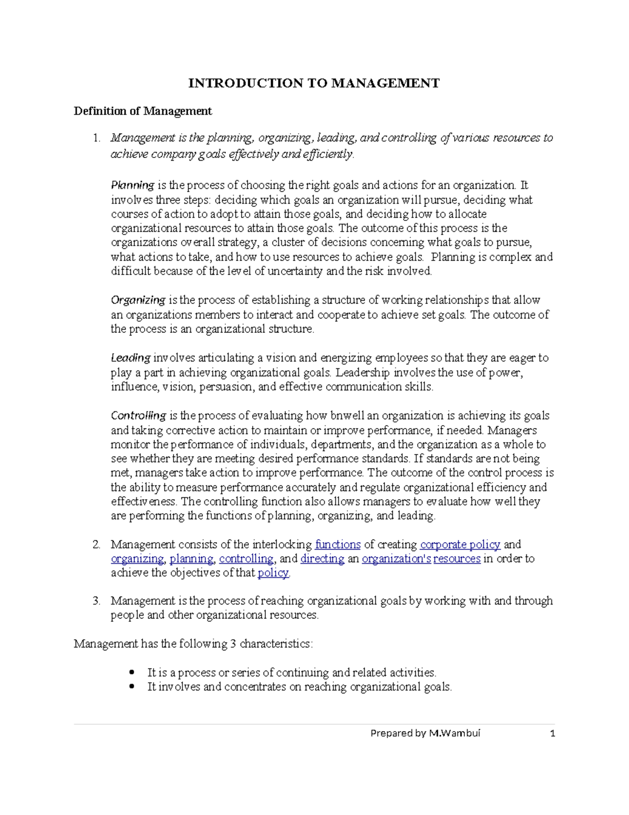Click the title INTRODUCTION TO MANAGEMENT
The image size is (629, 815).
[x=314, y=83]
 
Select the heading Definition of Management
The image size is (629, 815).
[x=143, y=111]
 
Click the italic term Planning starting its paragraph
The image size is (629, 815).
[x=132, y=185]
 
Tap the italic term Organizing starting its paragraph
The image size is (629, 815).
[x=138, y=300]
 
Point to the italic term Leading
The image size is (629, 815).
[x=131, y=358]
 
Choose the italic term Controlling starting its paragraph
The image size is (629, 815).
[x=138, y=416]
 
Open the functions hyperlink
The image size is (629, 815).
[x=338, y=545]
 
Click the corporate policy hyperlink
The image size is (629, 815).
[x=460, y=545]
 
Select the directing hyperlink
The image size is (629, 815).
[x=322, y=559]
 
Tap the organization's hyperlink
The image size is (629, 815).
[x=396, y=559]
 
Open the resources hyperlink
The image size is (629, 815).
[x=457, y=559]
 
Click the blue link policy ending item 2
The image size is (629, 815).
[x=273, y=573]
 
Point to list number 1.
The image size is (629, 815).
[x=96, y=138]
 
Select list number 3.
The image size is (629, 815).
[x=96, y=601]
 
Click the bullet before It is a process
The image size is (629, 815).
[x=132, y=673]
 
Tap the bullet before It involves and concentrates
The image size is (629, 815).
[x=132, y=687]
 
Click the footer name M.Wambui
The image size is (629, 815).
[x=454, y=733]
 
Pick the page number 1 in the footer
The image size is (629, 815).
[x=552, y=733]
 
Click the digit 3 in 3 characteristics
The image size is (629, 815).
[x=233, y=644]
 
